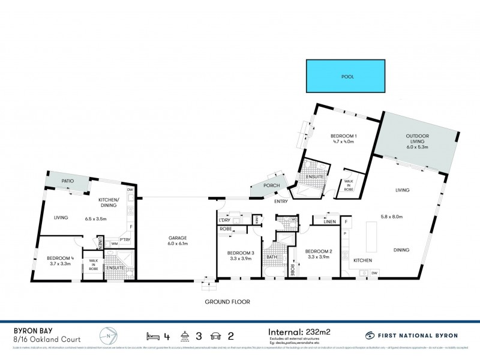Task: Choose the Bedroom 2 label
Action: coord(317,251)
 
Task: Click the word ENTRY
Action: coord(281,201)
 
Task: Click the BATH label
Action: coord(271,257)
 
